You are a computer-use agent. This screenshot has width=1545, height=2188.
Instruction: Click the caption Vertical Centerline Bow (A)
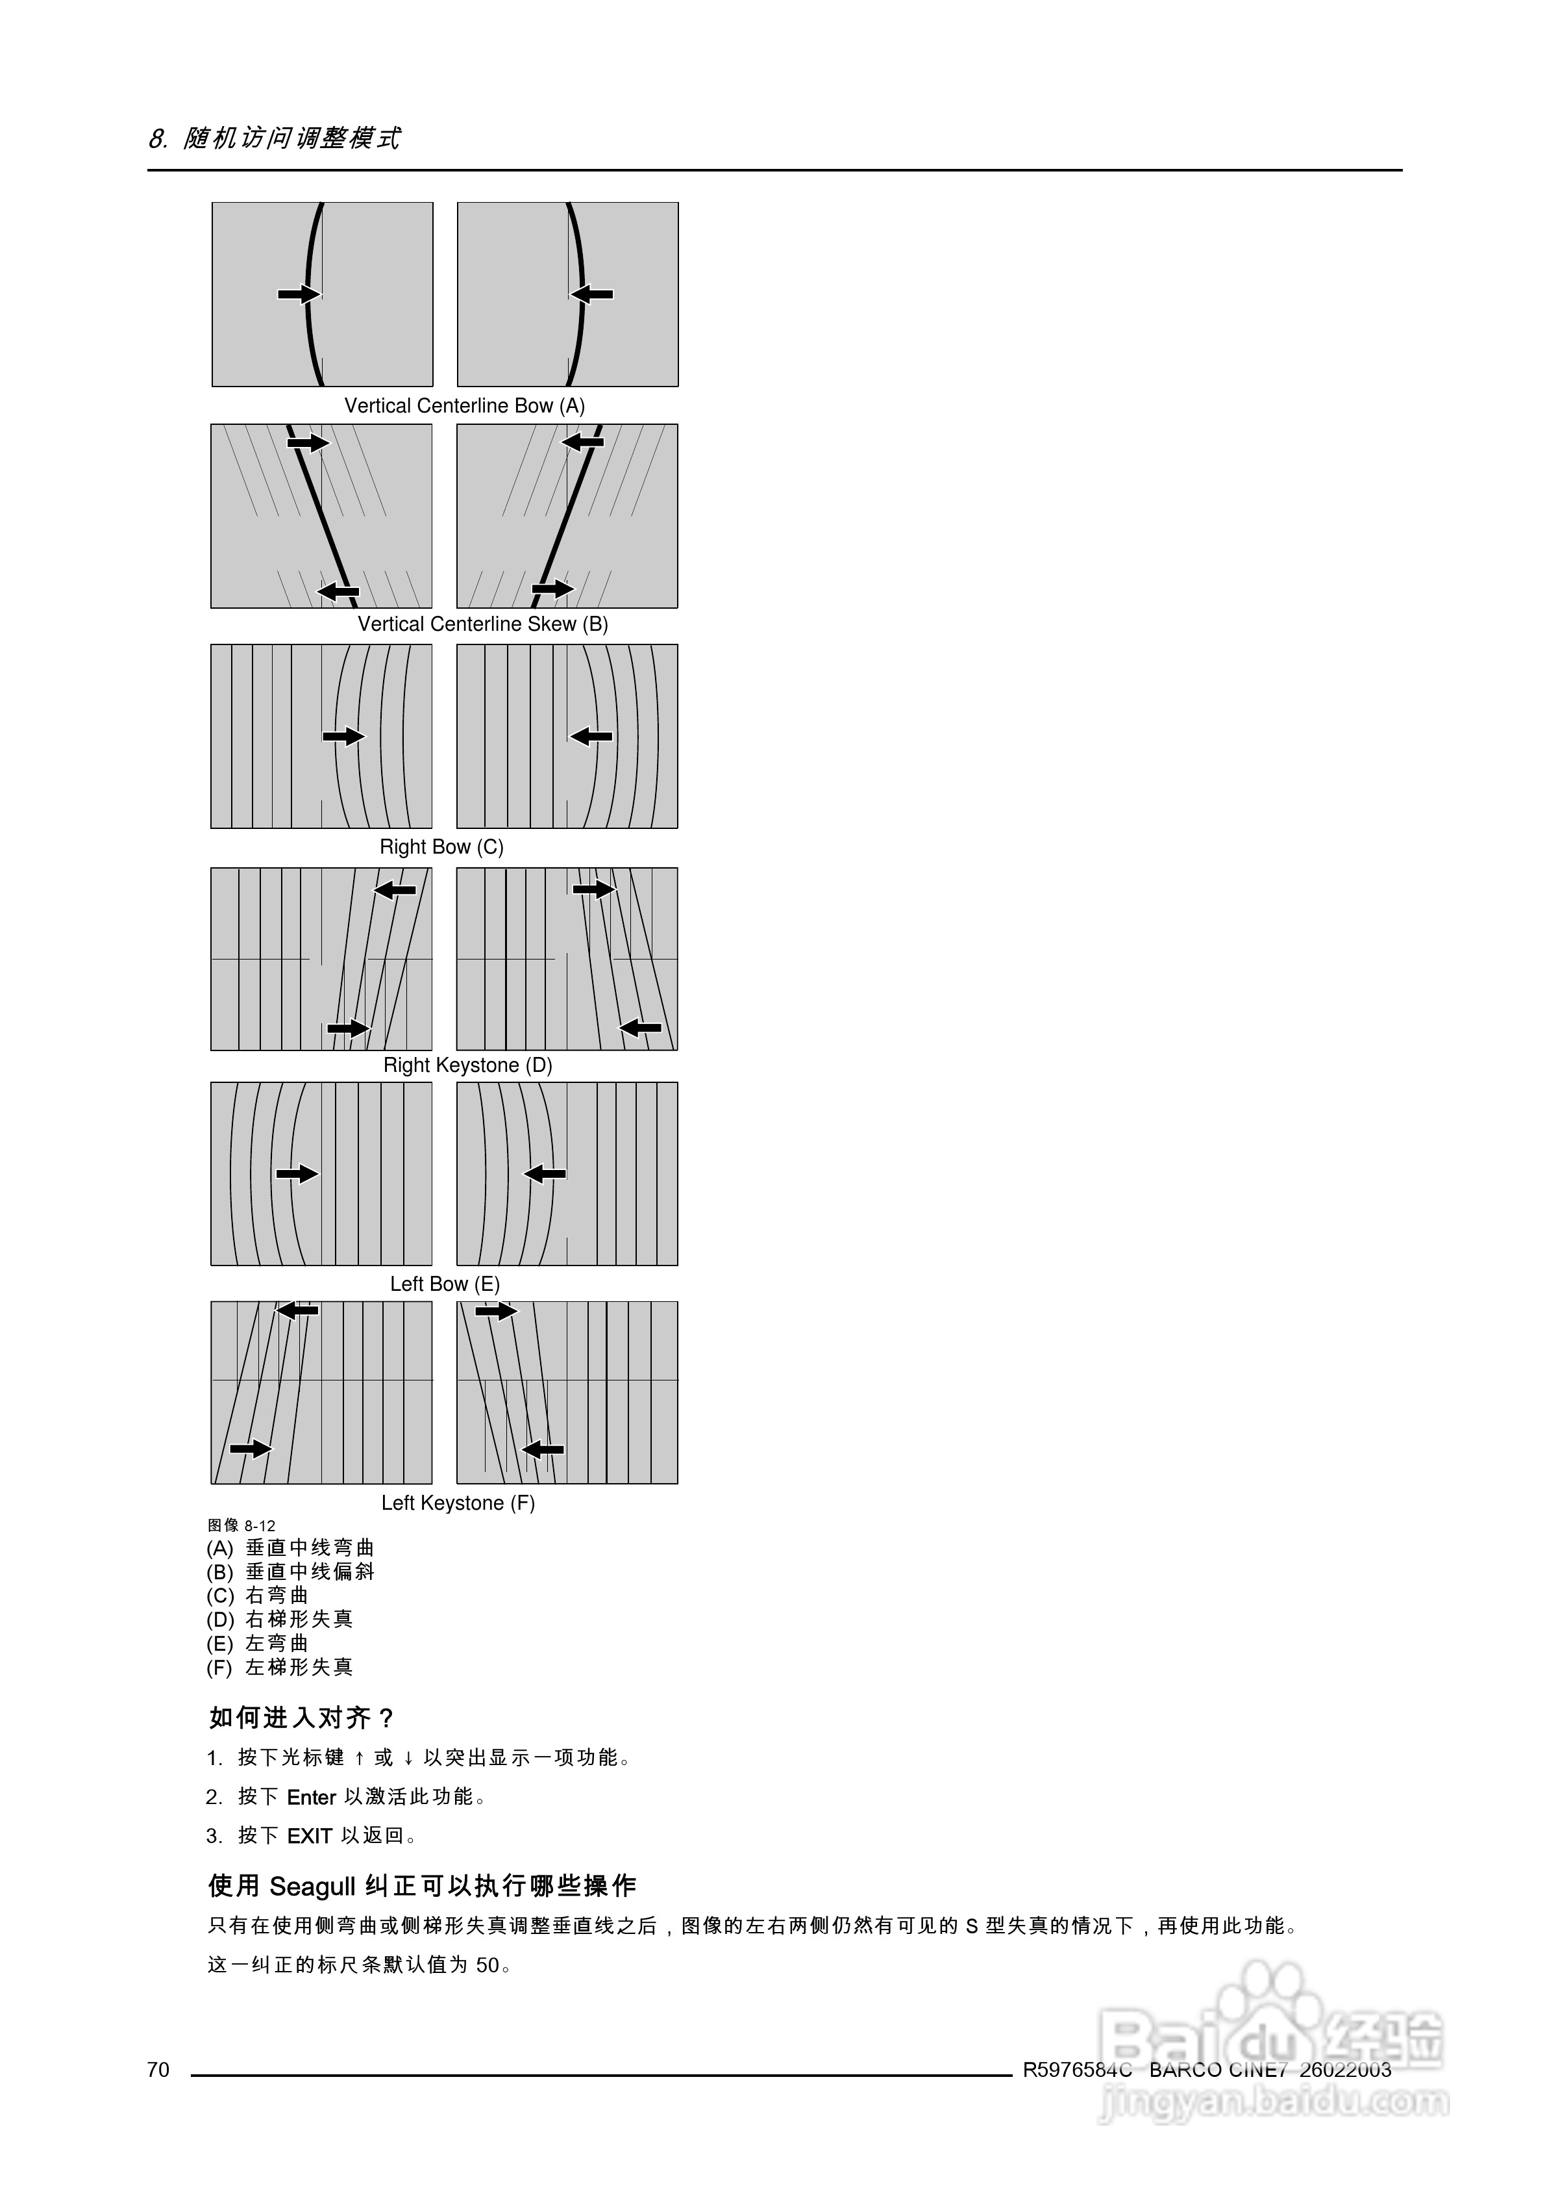[x=464, y=406]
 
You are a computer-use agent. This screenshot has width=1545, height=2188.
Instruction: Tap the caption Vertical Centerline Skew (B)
[x=482, y=624]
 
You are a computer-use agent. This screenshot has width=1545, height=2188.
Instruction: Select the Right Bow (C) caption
[x=441, y=847]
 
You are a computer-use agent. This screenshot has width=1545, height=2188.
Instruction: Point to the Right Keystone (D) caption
[x=467, y=1065]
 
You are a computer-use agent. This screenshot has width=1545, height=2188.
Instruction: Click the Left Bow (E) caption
[x=444, y=1284]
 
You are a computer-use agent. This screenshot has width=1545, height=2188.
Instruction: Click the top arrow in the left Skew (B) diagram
[x=308, y=443]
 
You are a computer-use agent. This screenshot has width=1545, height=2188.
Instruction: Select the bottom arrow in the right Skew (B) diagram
[x=552, y=590]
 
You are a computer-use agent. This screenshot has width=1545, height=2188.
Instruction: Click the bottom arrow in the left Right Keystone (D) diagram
[x=348, y=1029]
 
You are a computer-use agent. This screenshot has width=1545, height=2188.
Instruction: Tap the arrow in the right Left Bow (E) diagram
[x=545, y=1174]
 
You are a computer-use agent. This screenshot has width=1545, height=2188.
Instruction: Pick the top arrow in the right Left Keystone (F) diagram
[x=496, y=1312]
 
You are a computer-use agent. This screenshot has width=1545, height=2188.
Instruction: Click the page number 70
[x=158, y=2069]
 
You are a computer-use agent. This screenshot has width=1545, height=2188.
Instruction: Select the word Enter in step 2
[x=312, y=1798]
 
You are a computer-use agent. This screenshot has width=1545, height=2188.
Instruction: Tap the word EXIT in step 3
[x=310, y=1837]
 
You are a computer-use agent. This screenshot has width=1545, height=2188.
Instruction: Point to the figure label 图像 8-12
[x=242, y=1526]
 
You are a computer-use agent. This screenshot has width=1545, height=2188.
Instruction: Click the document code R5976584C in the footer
[x=1078, y=2069]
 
